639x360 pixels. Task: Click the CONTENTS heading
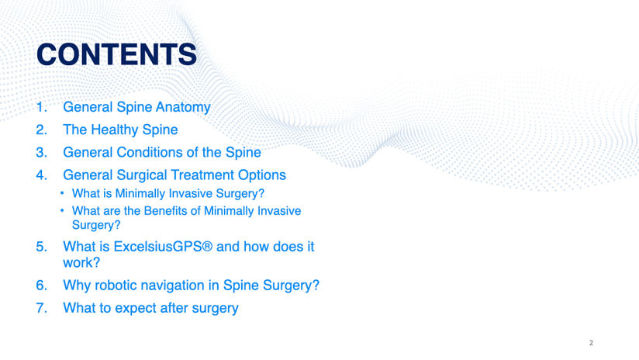[116, 54]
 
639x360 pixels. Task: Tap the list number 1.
[42, 107]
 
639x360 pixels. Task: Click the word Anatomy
[183, 107]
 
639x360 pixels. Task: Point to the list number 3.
[42, 153]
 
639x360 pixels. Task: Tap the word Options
[262, 175]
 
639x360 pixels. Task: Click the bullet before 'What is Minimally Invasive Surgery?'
[62, 193]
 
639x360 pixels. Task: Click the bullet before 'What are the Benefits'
[62, 210]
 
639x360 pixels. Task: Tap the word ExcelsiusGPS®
[163, 247]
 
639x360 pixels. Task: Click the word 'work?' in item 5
[81, 262]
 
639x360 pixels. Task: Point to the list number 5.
[42, 247]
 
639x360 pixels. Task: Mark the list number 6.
[42, 286]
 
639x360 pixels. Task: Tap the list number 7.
[42, 308]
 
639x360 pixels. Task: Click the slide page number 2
[591, 343]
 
